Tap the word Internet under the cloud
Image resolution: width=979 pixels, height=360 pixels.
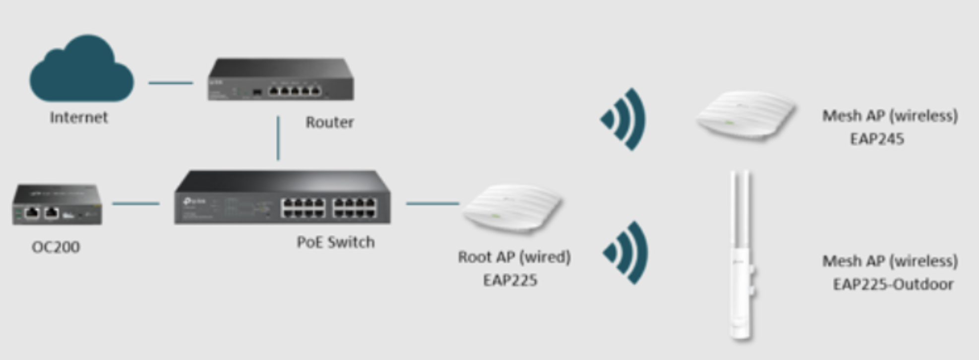pos(79,118)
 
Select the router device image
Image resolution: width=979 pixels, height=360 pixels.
pos(281,80)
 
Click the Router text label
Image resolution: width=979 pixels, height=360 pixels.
pos(329,122)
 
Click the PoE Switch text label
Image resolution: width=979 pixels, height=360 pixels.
pos(335,242)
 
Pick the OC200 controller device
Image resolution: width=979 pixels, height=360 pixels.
pos(57,204)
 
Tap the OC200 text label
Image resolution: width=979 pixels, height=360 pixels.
pos(56,247)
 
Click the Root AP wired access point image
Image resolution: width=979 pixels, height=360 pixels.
pos(512,209)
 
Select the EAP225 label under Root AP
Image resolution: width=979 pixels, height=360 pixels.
pos(510,280)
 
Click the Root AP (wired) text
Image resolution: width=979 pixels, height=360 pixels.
pos(514,257)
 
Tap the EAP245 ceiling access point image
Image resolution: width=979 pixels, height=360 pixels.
pos(745,116)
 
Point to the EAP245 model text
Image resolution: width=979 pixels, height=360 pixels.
pos(877,139)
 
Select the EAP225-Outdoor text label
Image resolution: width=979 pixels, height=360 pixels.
pos(893,284)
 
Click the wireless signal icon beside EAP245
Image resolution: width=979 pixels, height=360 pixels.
pos(624,119)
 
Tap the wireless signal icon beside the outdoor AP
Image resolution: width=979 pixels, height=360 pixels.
pos(626,253)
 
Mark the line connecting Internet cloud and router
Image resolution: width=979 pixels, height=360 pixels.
pos(171,83)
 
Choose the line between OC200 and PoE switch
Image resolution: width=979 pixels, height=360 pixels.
pos(136,203)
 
